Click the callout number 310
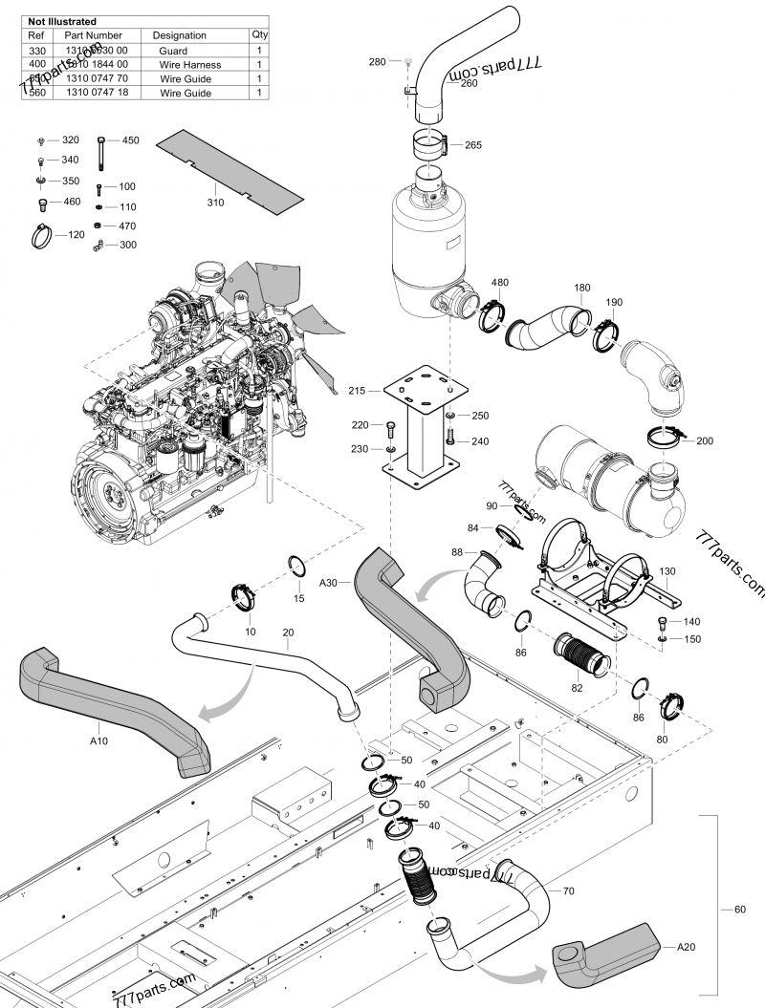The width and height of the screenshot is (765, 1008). pyautogui.click(x=215, y=202)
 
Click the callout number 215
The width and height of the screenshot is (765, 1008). pyautogui.click(x=357, y=392)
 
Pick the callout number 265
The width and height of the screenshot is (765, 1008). pyautogui.click(x=472, y=145)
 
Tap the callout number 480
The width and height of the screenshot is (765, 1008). pyautogui.click(x=500, y=283)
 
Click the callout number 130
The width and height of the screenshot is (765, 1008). pyautogui.click(x=667, y=571)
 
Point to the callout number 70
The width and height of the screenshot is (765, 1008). pyautogui.click(x=568, y=891)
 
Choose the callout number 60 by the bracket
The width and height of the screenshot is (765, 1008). pyautogui.click(x=739, y=910)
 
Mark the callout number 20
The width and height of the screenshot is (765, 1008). pyautogui.click(x=288, y=632)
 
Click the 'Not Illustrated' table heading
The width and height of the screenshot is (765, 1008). pyautogui.click(x=61, y=21)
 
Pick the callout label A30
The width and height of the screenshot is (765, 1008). pyautogui.click(x=328, y=582)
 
